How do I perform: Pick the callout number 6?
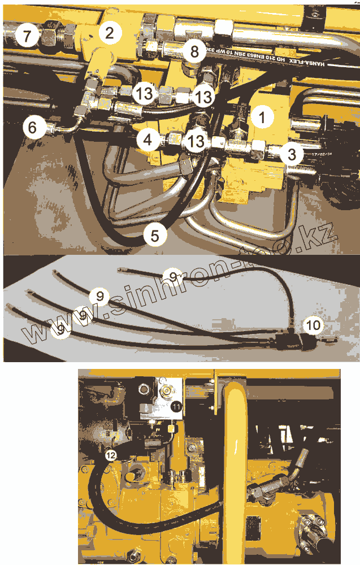33,128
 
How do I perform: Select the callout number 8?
194,53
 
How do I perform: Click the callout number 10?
313,325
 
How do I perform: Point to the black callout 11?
176,406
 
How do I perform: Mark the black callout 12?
111,453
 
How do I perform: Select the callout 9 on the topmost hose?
174,275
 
